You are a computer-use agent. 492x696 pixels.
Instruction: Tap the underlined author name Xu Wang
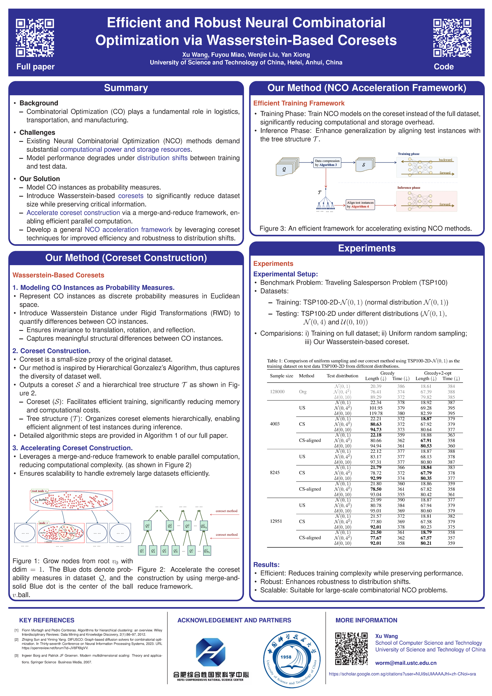[195, 55]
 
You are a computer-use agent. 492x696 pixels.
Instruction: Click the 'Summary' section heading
[126, 88]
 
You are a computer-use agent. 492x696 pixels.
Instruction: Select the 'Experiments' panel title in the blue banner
[367, 248]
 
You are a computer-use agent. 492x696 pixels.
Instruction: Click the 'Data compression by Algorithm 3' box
[327, 163]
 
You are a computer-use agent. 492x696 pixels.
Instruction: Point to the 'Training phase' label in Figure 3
[408, 154]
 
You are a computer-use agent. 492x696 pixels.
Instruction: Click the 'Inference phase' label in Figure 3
[409, 188]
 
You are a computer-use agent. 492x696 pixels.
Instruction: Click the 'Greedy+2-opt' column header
[437, 373]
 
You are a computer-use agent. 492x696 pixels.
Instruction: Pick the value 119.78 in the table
[376, 413]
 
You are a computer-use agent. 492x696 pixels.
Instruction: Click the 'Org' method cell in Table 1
[302, 392]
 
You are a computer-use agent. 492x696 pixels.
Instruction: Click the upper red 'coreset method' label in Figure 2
[226, 511]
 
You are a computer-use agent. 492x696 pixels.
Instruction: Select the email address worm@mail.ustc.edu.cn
[406, 663]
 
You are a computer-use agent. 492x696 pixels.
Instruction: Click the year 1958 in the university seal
[286, 657]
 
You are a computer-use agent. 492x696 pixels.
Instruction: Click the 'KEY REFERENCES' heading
[47, 620]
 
